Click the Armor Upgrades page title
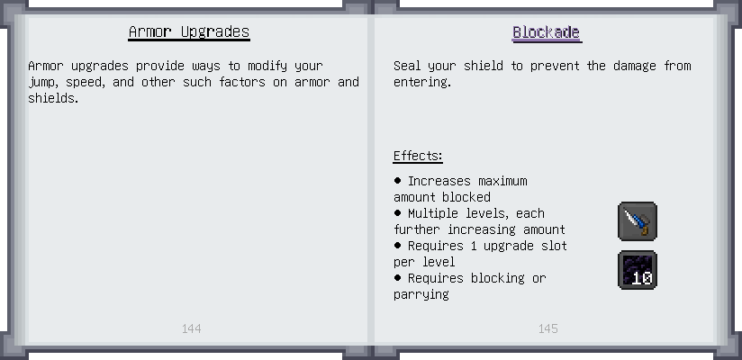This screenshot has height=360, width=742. click(189, 32)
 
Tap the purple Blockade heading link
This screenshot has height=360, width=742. click(547, 32)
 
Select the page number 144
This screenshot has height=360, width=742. click(191, 328)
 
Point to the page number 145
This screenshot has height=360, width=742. click(548, 328)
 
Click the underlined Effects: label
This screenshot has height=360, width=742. click(418, 156)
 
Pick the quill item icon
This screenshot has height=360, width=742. click(638, 221)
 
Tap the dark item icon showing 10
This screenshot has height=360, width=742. click(638, 270)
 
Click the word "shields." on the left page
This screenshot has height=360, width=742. click(53, 98)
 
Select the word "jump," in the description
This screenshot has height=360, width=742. click(42, 82)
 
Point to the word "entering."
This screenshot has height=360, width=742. click(422, 82)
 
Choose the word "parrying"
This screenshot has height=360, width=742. click(421, 294)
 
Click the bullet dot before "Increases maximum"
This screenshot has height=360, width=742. click(397, 180)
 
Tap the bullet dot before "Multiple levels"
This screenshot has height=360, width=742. click(397, 213)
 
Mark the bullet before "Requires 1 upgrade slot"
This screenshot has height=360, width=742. click(397, 245)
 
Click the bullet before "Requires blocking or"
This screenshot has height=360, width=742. click(397, 277)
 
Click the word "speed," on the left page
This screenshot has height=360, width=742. click(86, 82)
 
